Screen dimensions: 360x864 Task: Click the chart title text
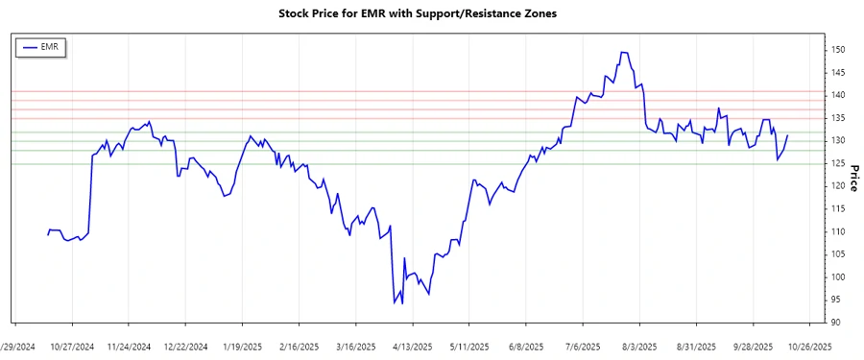431,13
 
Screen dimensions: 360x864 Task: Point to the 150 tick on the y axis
838,49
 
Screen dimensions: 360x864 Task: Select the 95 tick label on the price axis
836,300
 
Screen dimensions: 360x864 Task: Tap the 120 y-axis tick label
838,186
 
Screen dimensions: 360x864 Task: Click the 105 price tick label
838,254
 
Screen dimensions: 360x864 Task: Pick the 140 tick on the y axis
838,95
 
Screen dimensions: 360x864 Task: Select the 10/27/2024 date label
72,346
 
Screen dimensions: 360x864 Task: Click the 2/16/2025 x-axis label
299,346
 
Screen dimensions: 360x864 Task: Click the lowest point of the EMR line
395,303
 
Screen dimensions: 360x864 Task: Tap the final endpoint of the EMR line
787,135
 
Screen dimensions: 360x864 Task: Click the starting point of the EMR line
47,235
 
